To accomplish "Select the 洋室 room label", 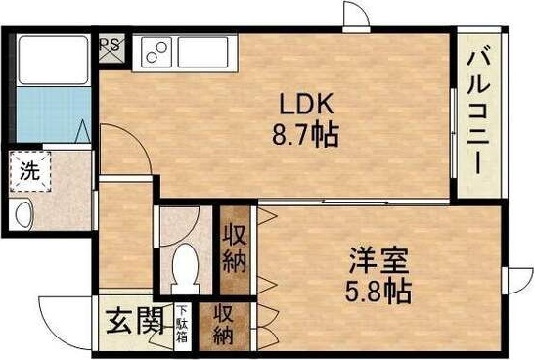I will pos(378,262).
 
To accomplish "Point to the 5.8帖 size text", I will pos(378,291).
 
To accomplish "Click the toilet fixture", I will pos(183,264).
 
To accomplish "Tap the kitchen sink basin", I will pos(156,50).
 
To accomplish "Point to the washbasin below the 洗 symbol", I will pos(23,213).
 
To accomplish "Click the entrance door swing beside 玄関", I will pos(68,318).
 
